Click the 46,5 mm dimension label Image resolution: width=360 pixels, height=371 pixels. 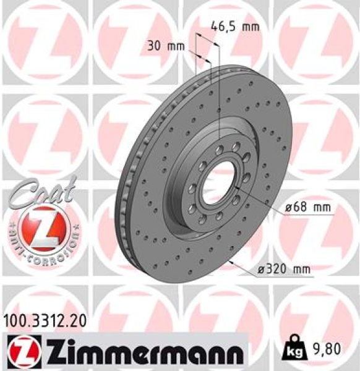[x=234, y=27]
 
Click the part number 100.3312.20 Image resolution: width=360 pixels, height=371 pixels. [x=43, y=321]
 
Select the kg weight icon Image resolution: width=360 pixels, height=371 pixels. [x=294, y=351]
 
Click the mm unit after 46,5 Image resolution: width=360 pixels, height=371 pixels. [x=249, y=27]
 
